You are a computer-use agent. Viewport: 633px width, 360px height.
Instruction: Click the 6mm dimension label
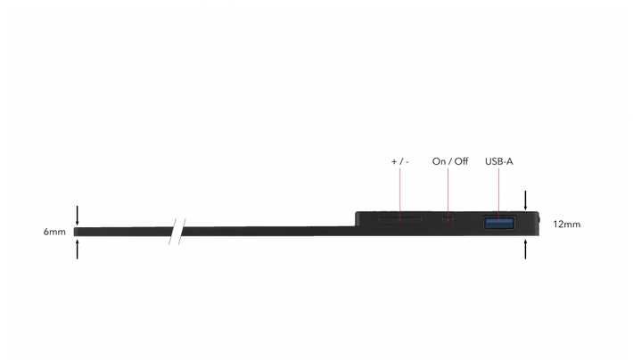point(54,232)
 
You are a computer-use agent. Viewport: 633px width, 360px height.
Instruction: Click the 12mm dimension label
point(567,225)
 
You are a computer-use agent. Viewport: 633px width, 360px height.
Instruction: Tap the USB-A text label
point(499,161)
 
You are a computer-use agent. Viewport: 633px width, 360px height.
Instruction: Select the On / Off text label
point(450,161)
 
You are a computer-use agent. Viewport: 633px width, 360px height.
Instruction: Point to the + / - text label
point(400,161)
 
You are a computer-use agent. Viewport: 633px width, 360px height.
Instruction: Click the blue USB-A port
point(499,223)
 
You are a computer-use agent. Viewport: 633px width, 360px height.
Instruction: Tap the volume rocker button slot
point(400,218)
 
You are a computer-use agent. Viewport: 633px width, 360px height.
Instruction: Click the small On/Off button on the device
point(448,218)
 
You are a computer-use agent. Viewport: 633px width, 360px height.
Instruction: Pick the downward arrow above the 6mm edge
point(77,216)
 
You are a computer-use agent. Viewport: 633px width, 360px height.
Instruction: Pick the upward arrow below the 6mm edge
point(77,249)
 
